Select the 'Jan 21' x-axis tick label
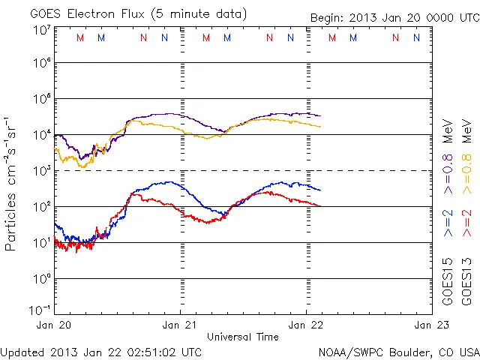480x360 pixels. click(x=180, y=325)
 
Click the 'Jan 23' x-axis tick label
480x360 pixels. click(x=424, y=325)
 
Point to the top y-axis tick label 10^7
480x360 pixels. click(x=42, y=30)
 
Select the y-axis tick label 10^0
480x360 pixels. click(x=42, y=277)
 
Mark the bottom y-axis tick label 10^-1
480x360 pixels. click(x=40, y=309)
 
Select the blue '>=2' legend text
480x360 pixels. click(x=447, y=223)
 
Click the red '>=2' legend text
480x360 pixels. click(x=466, y=223)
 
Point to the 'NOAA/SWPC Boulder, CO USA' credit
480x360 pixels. click(x=397, y=352)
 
